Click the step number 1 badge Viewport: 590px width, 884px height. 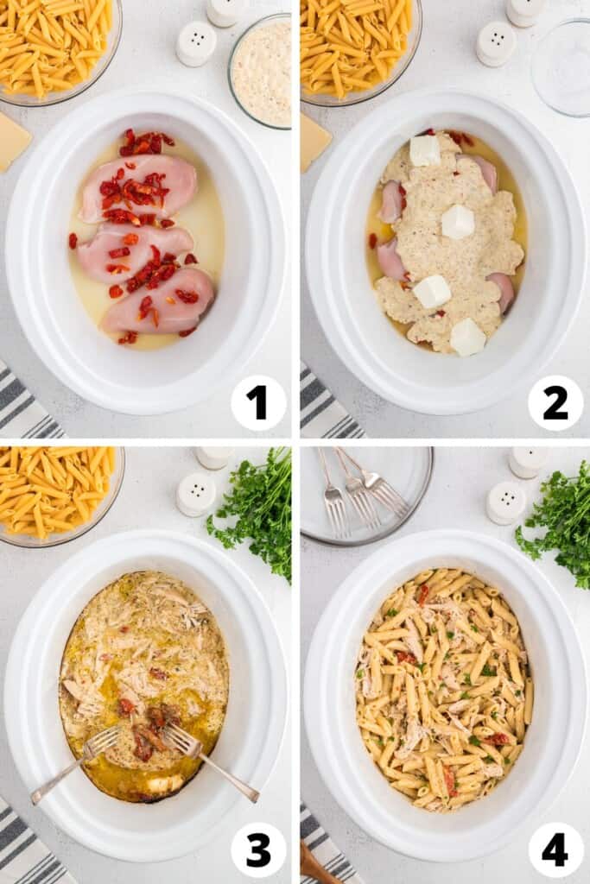pyautogui.click(x=258, y=402)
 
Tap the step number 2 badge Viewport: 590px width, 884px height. pyautogui.click(x=555, y=402)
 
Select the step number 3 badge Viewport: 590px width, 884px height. pyautogui.click(x=258, y=849)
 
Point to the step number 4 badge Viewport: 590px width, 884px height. pyautogui.click(x=555, y=849)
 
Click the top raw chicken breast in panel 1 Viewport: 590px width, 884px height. pyautogui.click(x=139, y=186)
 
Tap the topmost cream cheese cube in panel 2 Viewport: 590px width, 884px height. pyautogui.click(x=424, y=151)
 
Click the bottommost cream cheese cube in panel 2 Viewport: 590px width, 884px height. pyautogui.click(x=467, y=338)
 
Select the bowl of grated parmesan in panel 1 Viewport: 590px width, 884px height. pyautogui.click(x=261, y=71)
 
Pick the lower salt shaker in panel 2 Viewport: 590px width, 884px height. pyautogui.click(x=496, y=44)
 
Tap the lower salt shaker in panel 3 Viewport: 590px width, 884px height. pyautogui.click(x=196, y=494)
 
